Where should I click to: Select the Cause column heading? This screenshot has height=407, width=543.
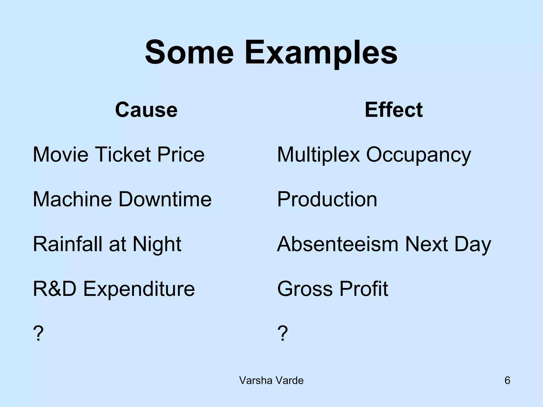tap(146, 110)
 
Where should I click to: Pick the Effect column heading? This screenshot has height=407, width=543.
tap(393, 110)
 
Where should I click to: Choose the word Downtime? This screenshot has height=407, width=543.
tap(165, 199)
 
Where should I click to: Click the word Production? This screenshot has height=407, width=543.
tap(327, 199)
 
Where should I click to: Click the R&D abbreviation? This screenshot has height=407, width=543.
tap(55, 289)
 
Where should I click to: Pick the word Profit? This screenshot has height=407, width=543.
tap(364, 289)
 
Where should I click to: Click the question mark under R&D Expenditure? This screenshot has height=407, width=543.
tap(38, 333)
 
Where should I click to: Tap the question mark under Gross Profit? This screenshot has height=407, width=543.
tap(282, 333)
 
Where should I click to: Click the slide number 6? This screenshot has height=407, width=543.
tap(507, 381)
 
